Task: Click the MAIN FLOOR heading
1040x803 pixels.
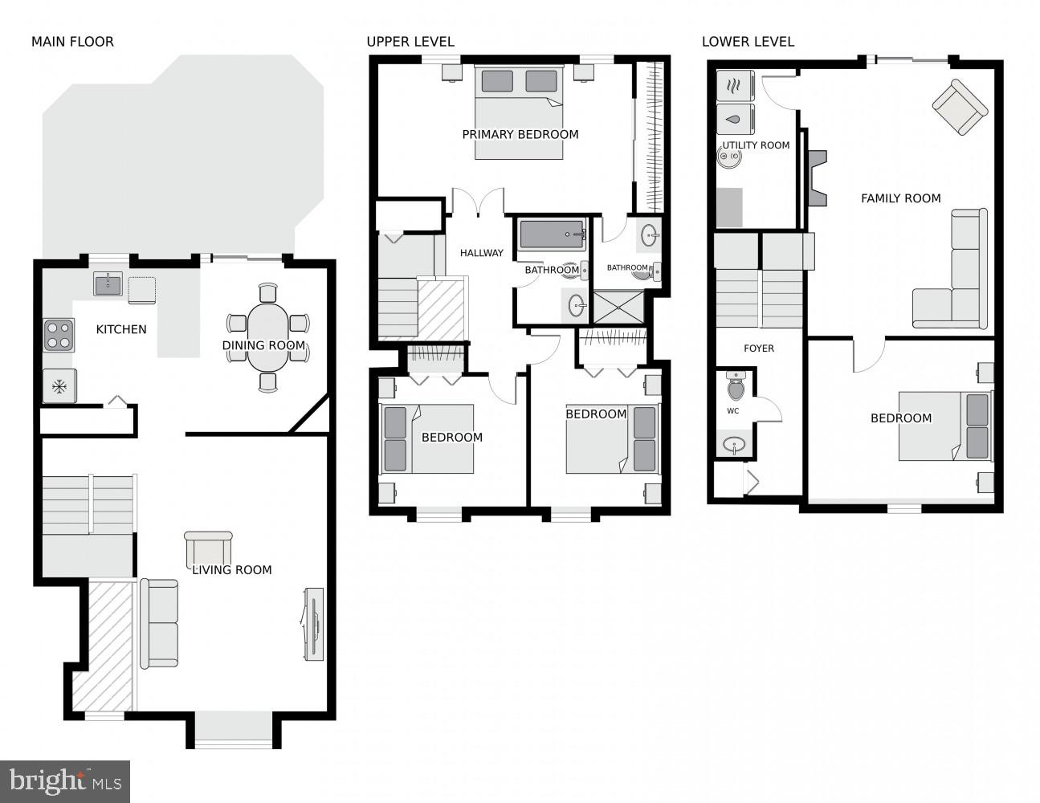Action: (x=72, y=42)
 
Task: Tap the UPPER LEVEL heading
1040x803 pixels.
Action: (x=410, y=42)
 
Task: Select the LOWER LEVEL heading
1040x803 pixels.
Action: (x=748, y=42)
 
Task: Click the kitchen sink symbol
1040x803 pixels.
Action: (x=108, y=283)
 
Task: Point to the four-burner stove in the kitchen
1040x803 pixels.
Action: (x=59, y=334)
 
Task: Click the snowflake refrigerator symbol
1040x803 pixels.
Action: (x=59, y=386)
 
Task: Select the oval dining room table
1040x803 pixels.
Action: (x=267, y=336)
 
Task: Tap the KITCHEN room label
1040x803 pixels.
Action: (x=121, y=329)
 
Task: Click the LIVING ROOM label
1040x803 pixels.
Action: (x=231, y=570)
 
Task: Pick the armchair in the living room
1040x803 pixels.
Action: (x=208, y=548)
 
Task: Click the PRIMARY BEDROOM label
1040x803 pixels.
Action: (x=520, y=135)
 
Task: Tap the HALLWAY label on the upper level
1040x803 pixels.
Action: (x=481, y=253)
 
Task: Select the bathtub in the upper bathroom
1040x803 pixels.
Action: (x=552, y=234)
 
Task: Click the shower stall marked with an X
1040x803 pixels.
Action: (x=618, y=307)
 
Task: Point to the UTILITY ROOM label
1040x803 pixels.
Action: (x=756, y=145)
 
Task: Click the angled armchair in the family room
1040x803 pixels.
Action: (x=959, y=107)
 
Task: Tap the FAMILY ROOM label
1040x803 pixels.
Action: (x=900, y=198)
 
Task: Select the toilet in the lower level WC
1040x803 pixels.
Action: (x=735, y=387)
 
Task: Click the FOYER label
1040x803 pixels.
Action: (x=758, y=349)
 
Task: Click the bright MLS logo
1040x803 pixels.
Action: (x=66, y=780)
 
